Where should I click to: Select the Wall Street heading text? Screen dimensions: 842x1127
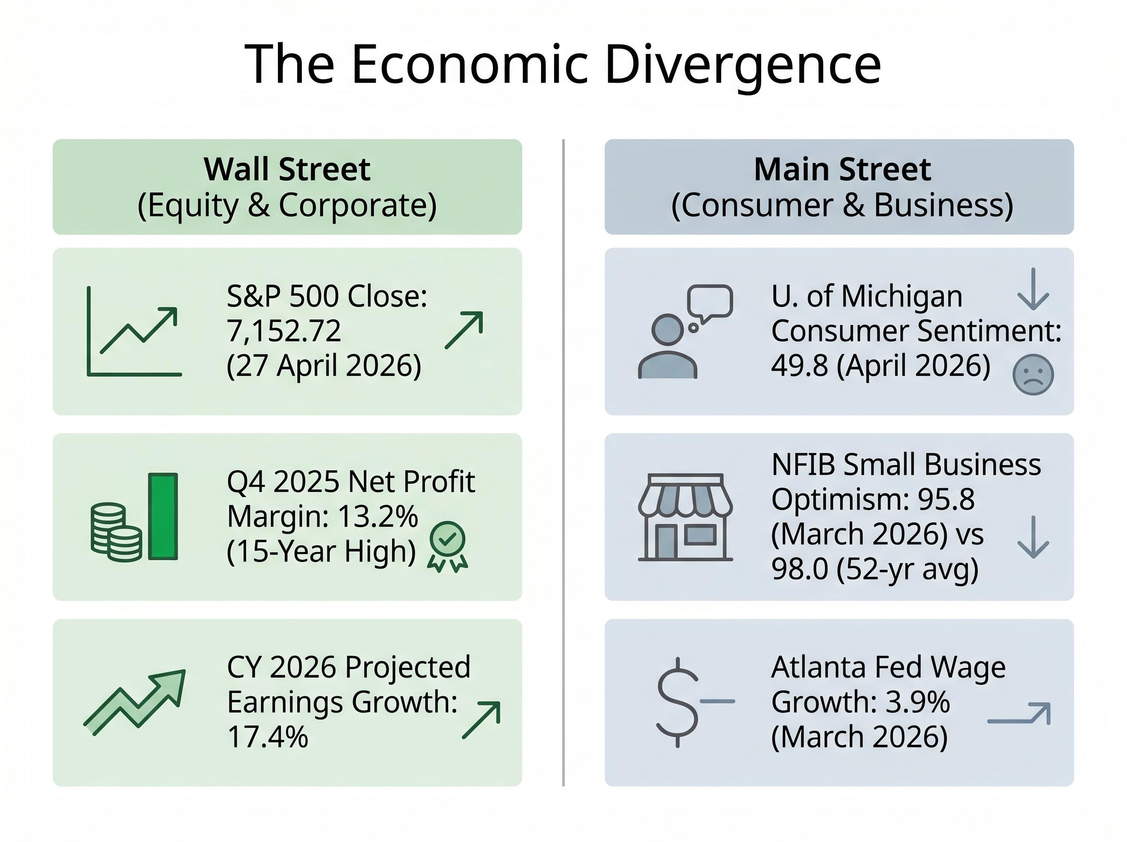pyautogui.click(x=287, y=169)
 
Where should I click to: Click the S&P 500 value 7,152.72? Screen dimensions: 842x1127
pyautogui.click(x=284, y=331)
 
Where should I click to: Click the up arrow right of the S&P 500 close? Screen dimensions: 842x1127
pyautogui.click(x=464, y=330)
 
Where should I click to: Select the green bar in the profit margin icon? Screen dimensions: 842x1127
pyautogui.click(x=163, y=516)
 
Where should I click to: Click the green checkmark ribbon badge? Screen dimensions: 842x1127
pyautogui.click(x=447, y=546)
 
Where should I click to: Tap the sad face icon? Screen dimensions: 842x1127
pyautogui.click(x=1033, y=374)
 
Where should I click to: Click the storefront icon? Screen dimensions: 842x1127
pyautogui.click(x=685, y=517)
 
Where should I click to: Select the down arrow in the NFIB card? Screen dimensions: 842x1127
pyautogui.click(x=1033, y=537)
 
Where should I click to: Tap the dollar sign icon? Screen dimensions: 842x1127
pyautogui.click(x=677, y=702)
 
